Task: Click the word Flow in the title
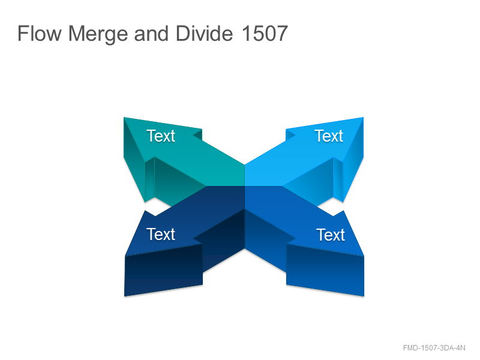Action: click(40, 33)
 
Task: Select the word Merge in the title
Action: click(98, 34)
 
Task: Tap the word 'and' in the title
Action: click(151, 33)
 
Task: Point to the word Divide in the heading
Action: click(204, 33)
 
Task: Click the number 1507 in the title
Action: click(265, 33)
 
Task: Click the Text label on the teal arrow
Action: click(161, 136)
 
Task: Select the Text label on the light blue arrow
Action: click(329, 136)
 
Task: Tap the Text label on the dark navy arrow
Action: click(161, 234)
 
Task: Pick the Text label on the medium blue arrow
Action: click(331, 235)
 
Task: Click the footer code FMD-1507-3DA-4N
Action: click(434, 348)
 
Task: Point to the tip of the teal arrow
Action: click(124, 118)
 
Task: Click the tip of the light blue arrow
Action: click(363, 118)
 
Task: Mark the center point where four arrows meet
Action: click(245, 186)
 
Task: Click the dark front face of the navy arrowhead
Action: click(163, 270)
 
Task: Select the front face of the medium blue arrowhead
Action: click(325, 270)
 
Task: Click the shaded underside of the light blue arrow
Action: click(312, 181)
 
